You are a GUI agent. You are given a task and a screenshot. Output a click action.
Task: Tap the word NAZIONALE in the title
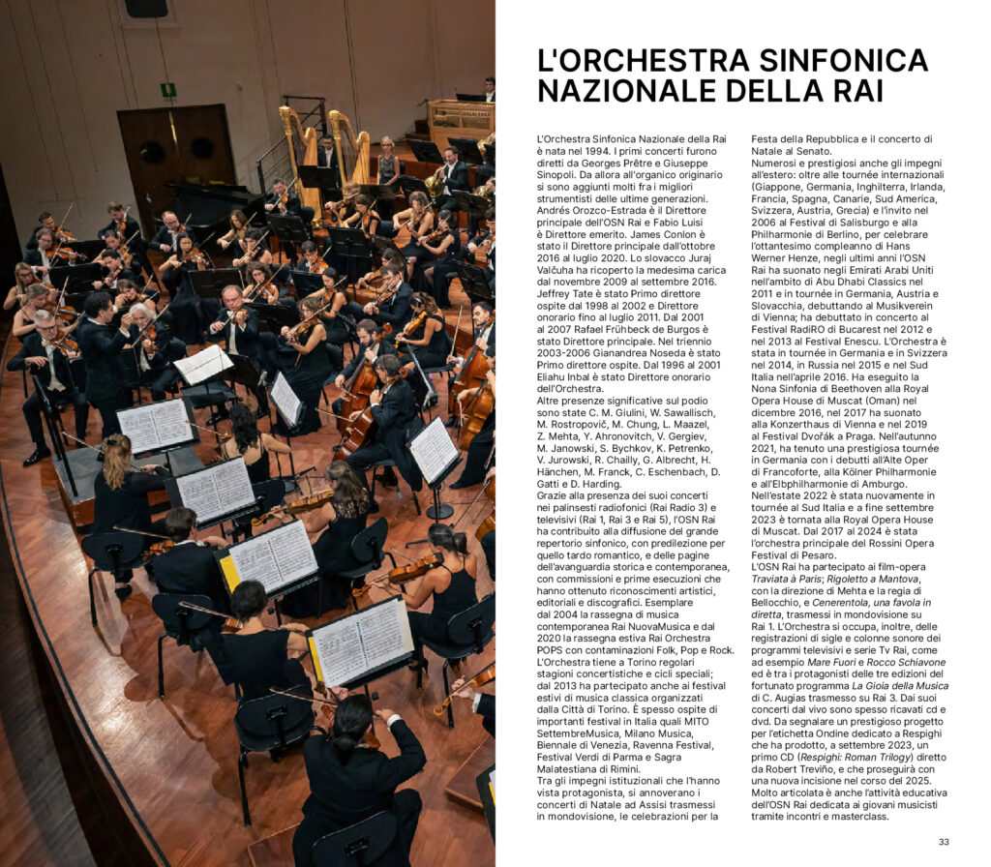(622, 91)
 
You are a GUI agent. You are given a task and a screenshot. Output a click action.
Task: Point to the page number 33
(944, 841)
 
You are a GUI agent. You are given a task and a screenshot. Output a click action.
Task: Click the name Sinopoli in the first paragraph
(561, 174)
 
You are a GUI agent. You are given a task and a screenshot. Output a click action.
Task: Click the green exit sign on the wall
(168, 90)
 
